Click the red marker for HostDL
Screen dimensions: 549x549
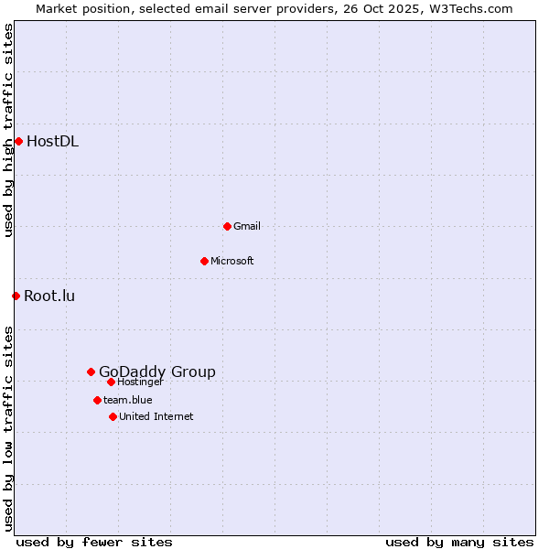click(18, 141)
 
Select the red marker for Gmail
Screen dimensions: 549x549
click(227, 226)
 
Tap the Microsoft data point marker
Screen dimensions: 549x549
click(204, 261)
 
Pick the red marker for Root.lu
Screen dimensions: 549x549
click(16, 296)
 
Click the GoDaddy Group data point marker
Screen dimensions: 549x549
click(91, 371)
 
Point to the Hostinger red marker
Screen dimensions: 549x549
click(111, 382)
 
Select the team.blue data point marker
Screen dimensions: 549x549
click(97, 400)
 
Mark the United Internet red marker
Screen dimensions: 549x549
click(113, 416)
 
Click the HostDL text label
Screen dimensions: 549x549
click(52, 141)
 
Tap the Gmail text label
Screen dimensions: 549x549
click(247, 226)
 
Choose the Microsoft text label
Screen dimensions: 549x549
click(232, 261)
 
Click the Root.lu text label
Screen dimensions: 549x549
click(49, 296)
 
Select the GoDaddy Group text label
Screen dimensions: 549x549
click(157, 371)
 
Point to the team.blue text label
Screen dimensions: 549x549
click(128, 400)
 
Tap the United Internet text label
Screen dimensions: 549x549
click(156, 416)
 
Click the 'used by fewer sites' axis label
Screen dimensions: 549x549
click(94, 542)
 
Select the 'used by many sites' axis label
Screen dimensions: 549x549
click(459, 542)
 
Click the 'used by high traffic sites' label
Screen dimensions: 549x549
click(8, 130)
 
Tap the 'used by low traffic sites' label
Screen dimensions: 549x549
click(8, 428)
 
